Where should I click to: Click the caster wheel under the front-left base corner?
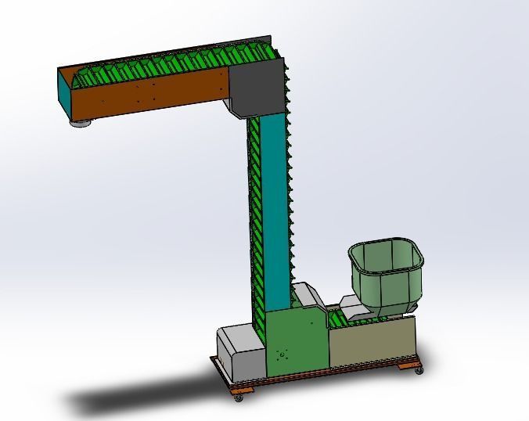click(239, 398)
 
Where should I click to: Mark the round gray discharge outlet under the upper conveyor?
click(81, 123)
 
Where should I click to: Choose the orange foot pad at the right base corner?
click(408, 364)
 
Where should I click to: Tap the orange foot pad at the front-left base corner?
click(243, 389)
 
